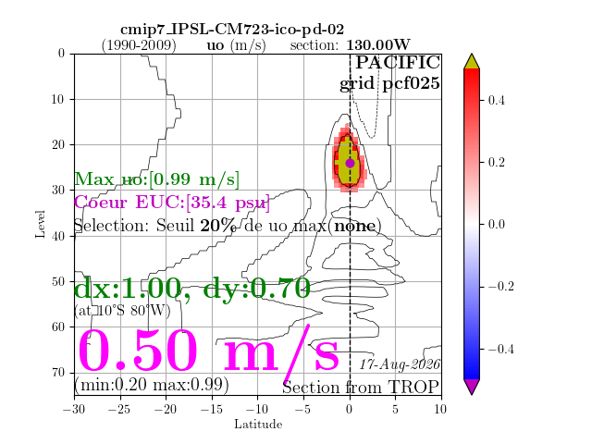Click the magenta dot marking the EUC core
pos(350,163)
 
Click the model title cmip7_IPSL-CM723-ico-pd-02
pos(232,30)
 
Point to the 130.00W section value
pos(378,45)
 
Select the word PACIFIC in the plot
pos(398,62)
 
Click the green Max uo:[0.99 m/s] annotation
pos(156,179)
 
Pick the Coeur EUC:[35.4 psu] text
pos(172,203)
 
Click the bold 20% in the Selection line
pos(218,226)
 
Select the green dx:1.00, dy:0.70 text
pos(192,288)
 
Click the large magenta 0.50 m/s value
pos(208,350)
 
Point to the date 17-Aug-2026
pos(400,364)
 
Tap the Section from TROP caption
pos(361,388)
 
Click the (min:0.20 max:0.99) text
pos(152,385)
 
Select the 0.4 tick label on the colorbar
pos(496,101)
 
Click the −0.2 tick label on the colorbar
pos(501,287)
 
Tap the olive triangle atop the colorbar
pos(472,62)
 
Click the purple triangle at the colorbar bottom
pos(472,386)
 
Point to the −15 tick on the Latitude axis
pos(212,409)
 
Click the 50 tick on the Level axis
pos(58,281)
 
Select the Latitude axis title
pos(258,425)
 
